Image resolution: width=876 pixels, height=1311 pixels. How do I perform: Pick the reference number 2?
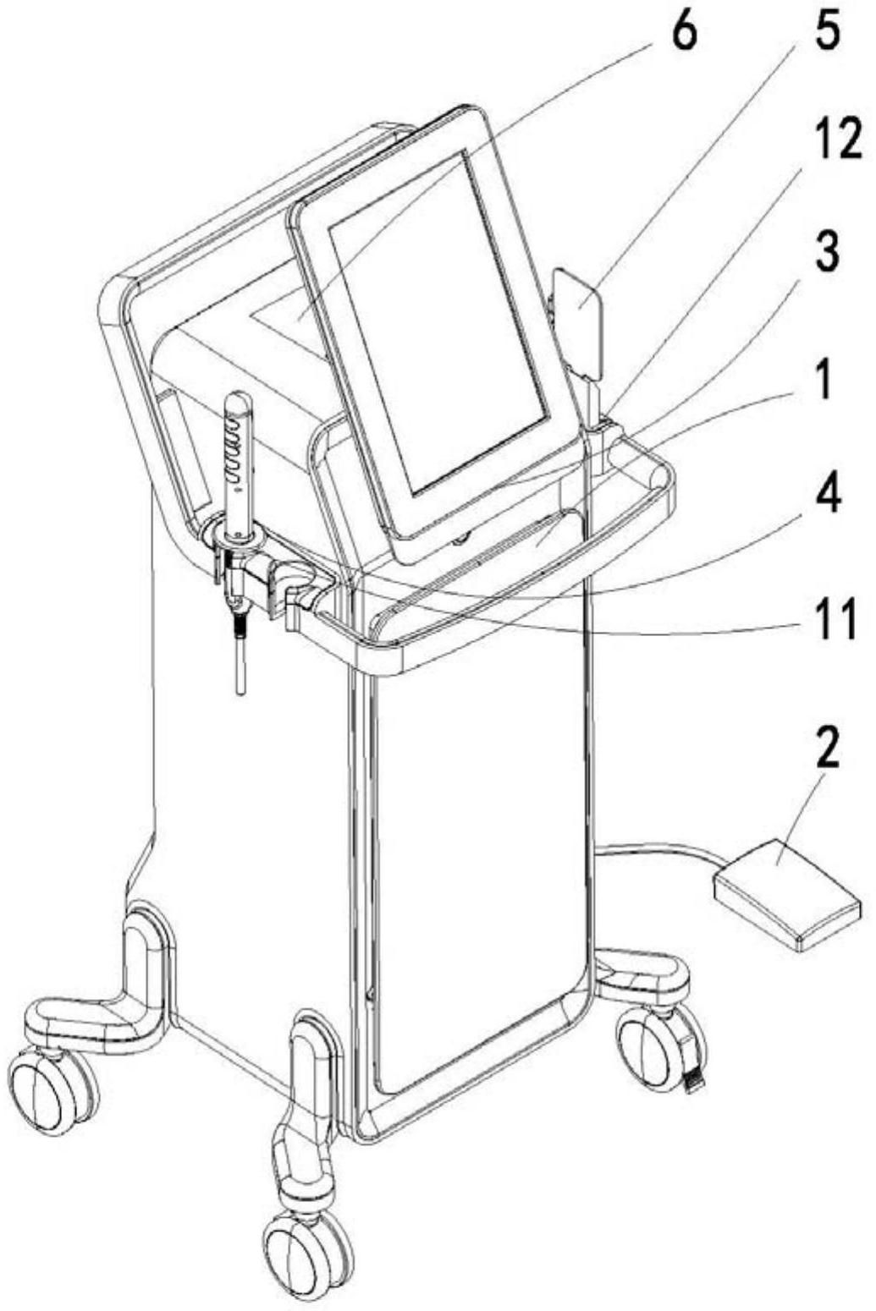coord(827,747)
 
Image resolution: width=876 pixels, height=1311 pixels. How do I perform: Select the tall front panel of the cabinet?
coord(478,846)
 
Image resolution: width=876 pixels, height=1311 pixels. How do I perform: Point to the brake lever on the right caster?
coord(693,1079)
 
